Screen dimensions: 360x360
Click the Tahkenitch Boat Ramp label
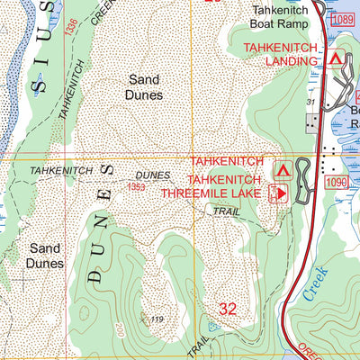281,19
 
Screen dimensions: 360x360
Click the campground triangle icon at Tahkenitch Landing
337,59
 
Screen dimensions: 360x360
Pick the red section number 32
228,309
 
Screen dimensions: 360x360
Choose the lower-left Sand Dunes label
46,256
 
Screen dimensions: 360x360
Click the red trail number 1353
137,186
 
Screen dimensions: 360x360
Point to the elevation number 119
157,320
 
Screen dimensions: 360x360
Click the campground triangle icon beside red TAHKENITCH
283,168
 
